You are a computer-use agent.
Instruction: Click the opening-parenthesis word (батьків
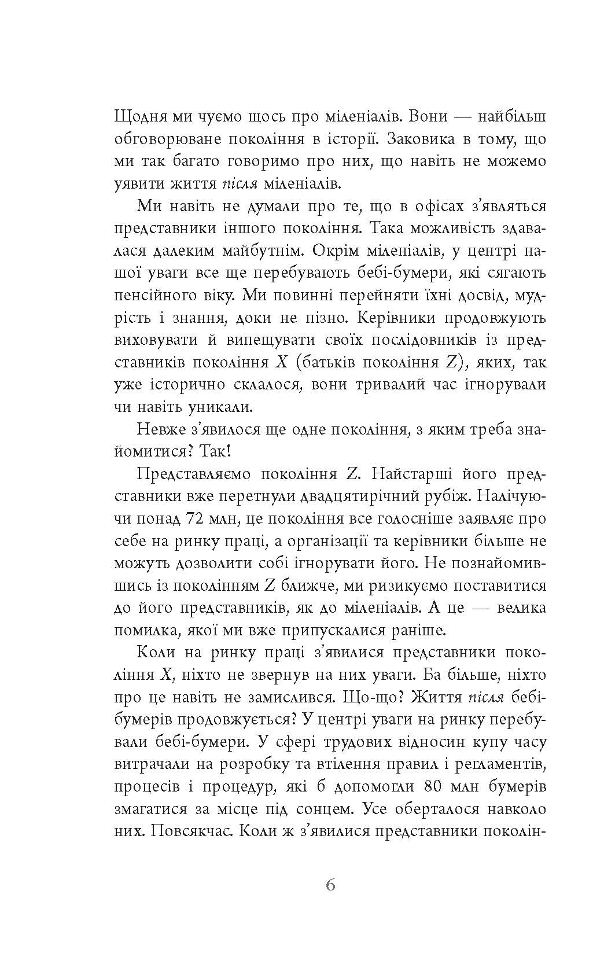pyautogui.click(x=321, y=363)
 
